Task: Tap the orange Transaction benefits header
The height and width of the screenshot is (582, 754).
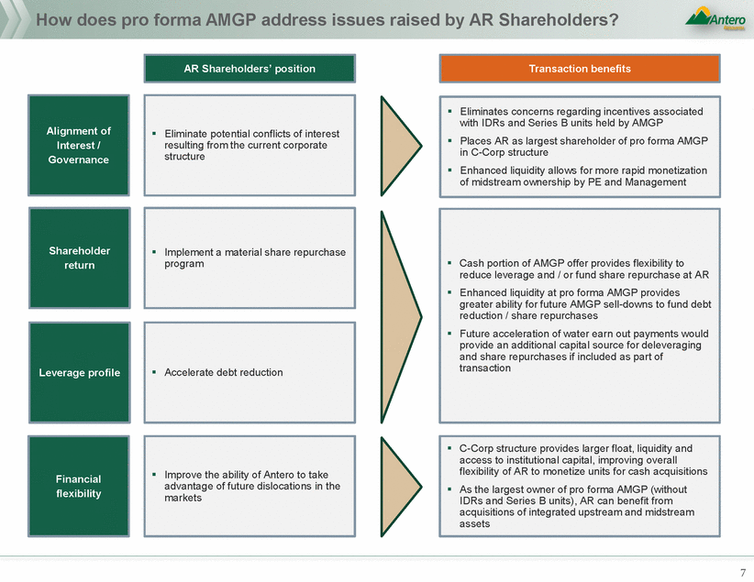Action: point(580,69)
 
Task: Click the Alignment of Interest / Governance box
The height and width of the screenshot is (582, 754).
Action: point(78,145)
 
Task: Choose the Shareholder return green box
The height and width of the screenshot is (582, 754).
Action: point(78,258)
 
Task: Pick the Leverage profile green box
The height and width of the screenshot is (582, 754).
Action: point(78,372)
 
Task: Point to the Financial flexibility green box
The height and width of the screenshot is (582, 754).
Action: point(78,486)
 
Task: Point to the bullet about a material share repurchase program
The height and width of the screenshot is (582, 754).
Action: point(254,258)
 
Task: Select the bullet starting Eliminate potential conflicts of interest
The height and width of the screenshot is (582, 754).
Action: point(245,145)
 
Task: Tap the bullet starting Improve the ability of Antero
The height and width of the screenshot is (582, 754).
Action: point(251,486)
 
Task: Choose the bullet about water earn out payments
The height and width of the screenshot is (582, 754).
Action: point(583,351)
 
